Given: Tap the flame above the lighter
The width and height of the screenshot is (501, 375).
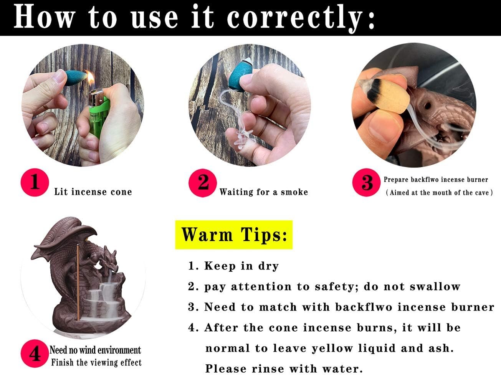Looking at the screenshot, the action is pyautogui.click(x=90, y=78).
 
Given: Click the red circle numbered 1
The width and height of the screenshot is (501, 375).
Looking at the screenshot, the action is pyautogui.click(x=35, y=182).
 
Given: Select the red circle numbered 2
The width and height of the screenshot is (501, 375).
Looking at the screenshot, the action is pyautogui.click(x=202, y=183).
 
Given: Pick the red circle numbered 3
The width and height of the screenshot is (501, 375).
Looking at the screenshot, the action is pyautogui.click(x=366, y=182).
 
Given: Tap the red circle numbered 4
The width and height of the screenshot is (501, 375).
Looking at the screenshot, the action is pyautogui.click(x=35, y=354).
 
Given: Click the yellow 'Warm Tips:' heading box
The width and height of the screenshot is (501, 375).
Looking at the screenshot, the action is pyautogui.click(x=234, y=235).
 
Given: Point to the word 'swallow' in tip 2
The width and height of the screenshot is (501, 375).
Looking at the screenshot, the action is pyautogui.click(x=435, y=286).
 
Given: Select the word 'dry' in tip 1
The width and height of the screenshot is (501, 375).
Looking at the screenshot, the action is pyautogui.click(x=268, y=266).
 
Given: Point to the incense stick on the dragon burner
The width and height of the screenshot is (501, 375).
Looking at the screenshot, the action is pyautogui.click(x=78, y=282).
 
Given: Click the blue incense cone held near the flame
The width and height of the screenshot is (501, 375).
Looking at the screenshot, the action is pyautogui.click(x=75, y=78).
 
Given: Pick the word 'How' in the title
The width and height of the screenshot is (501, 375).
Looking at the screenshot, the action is pyautogui.click(x=45, y=17).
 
